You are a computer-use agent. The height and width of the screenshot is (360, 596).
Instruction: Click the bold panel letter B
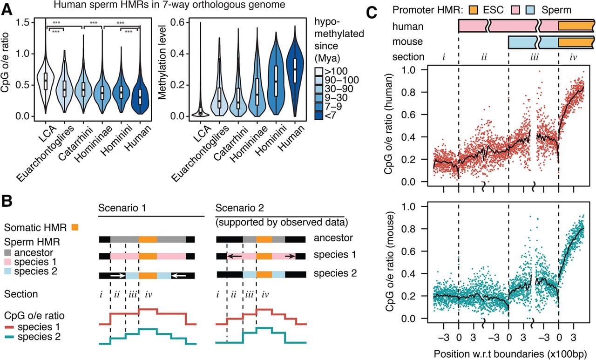pyautogui.click(x=7, y=201)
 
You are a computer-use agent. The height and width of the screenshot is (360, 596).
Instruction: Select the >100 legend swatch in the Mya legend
pyautogui.click(x=318, y=71)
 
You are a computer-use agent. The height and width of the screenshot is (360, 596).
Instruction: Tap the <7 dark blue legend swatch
pyautogui.click(x=318, y=115)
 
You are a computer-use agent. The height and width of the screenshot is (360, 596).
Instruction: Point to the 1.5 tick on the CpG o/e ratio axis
pyautogui.click(x=22, y=22)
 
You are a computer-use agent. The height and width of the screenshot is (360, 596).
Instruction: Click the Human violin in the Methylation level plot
pyautogui.click(x=295, y=71)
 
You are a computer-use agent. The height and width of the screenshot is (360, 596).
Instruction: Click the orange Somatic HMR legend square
pyautogui.click(x=75, y=227)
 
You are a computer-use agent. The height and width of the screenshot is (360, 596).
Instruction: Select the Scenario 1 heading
pyautogui.click(x=122, y=208)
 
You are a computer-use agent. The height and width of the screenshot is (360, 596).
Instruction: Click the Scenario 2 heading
pyautogui.click(x=240, y=208)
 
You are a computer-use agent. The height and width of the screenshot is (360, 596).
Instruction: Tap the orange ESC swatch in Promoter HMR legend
pyautogui.click(x=473, y=10)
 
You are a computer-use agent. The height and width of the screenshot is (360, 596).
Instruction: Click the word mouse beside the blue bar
pyautogui.click(x=407, y=42)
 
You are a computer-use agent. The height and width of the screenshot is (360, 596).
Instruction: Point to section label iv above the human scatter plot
pyautogui.click(x=573, y=57)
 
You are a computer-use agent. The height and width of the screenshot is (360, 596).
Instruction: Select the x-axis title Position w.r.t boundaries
pyautogui.click(x=510, y=354)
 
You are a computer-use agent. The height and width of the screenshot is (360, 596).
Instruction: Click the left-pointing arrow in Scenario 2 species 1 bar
pyautogui.click(x=235, y=256)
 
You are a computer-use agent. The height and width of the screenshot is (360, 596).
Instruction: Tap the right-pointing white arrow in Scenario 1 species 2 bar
pyautogui.click(x=118, y=276)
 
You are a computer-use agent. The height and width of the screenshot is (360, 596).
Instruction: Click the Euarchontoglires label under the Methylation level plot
pyautogui.click(x=200, y=153)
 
